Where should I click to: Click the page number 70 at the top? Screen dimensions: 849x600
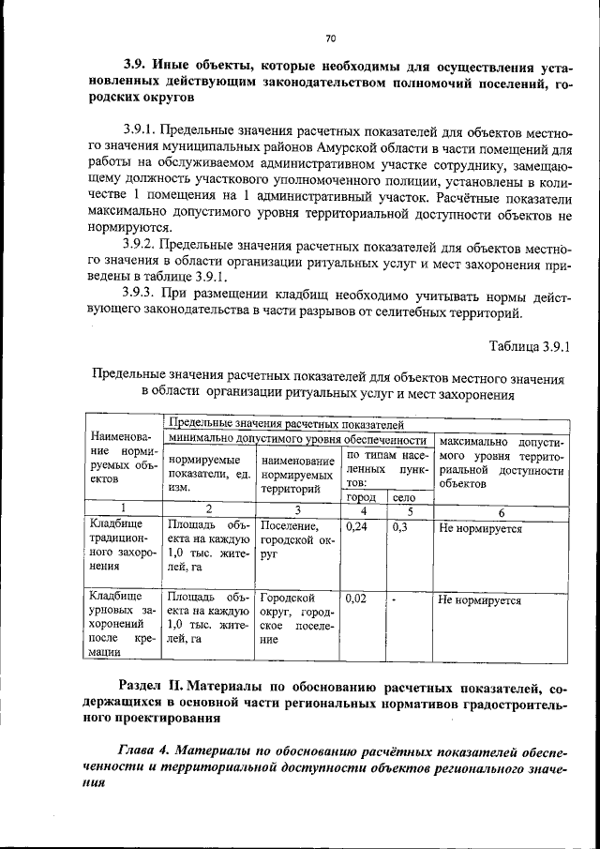330,38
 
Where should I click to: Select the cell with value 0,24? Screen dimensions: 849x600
355,528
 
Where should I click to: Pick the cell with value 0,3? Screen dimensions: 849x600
399,528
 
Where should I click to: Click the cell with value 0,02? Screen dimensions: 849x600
355,597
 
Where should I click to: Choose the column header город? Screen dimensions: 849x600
361,497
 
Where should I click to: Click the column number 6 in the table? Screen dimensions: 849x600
501,512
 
